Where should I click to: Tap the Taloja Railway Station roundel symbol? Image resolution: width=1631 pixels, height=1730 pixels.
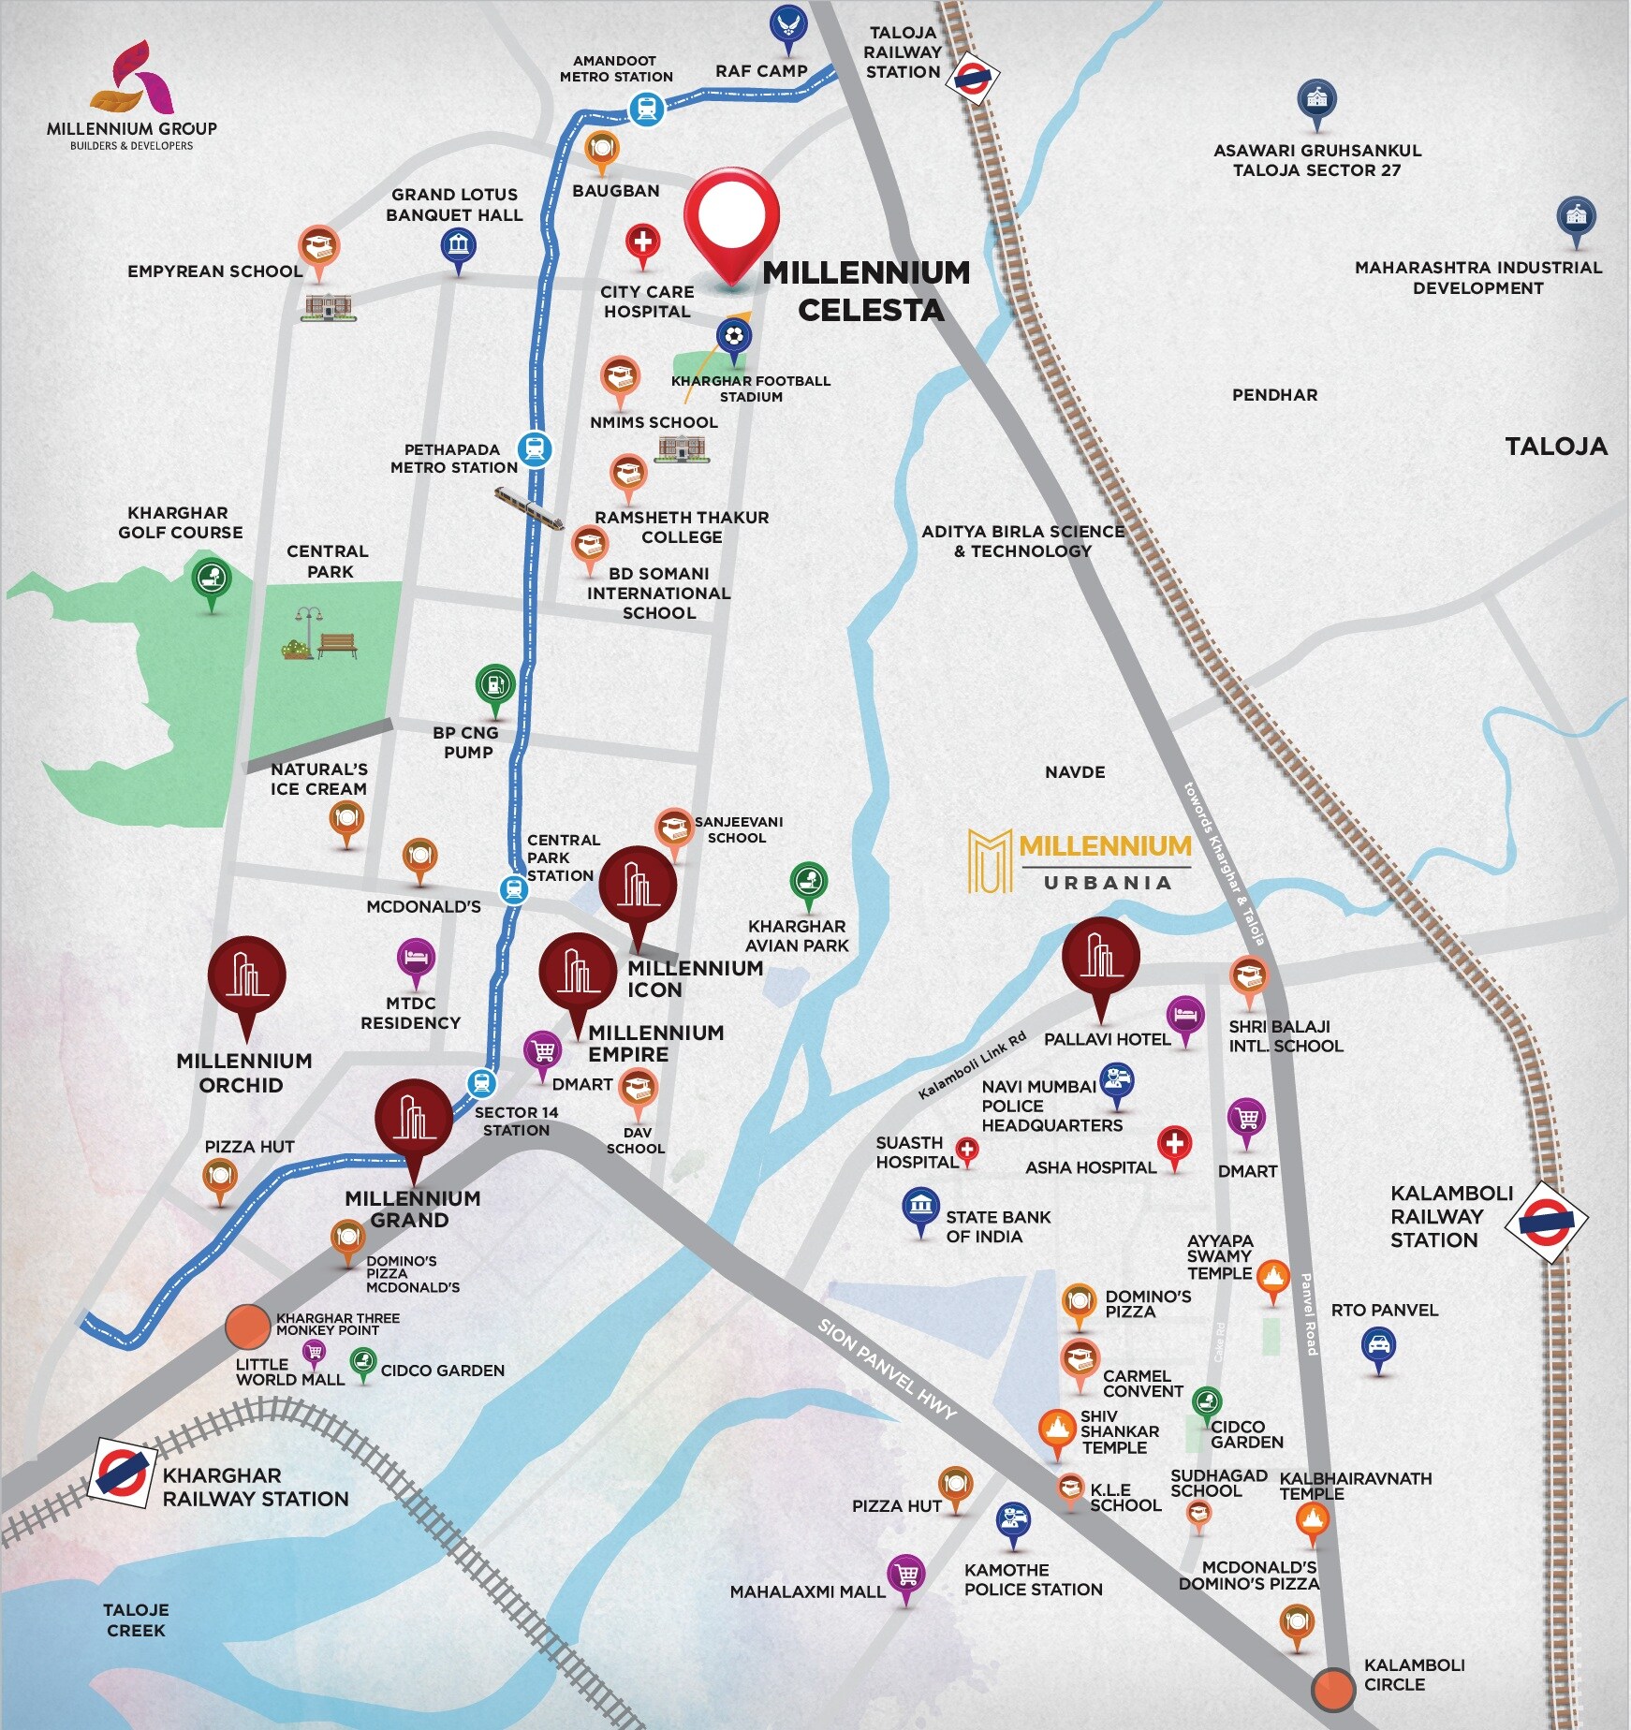(972, 79)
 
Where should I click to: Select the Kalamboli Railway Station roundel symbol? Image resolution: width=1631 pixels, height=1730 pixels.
(1546, 1222)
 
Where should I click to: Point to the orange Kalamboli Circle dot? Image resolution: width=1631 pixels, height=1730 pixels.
(1332, 1688)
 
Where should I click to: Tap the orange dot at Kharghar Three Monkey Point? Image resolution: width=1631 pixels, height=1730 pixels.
(248, 1327)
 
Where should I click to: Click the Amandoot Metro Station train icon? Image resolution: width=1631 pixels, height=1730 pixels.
(646, 110)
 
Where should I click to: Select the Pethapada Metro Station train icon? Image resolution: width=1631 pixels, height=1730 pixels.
(535, 449)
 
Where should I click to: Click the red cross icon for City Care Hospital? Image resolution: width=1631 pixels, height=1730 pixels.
(642, 242)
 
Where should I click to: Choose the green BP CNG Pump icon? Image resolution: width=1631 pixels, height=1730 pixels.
(495, 685)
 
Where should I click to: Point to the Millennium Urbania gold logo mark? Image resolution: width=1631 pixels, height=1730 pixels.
(990, 859)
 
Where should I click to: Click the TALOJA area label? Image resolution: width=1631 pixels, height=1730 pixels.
(1555, 447)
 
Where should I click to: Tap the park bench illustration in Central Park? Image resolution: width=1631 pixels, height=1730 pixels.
(337, 645)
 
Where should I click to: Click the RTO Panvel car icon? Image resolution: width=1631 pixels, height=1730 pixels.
(1378, 1346)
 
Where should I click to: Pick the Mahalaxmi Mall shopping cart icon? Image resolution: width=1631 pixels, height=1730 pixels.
(906, 1574)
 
